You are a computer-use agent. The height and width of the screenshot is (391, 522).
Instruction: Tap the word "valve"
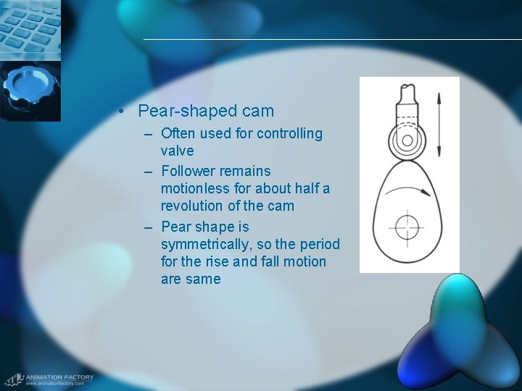(x=177, y=151)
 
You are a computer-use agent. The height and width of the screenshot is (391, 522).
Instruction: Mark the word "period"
(x=316, y=244)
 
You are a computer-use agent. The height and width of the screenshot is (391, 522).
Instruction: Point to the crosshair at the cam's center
(x=407, y=227)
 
